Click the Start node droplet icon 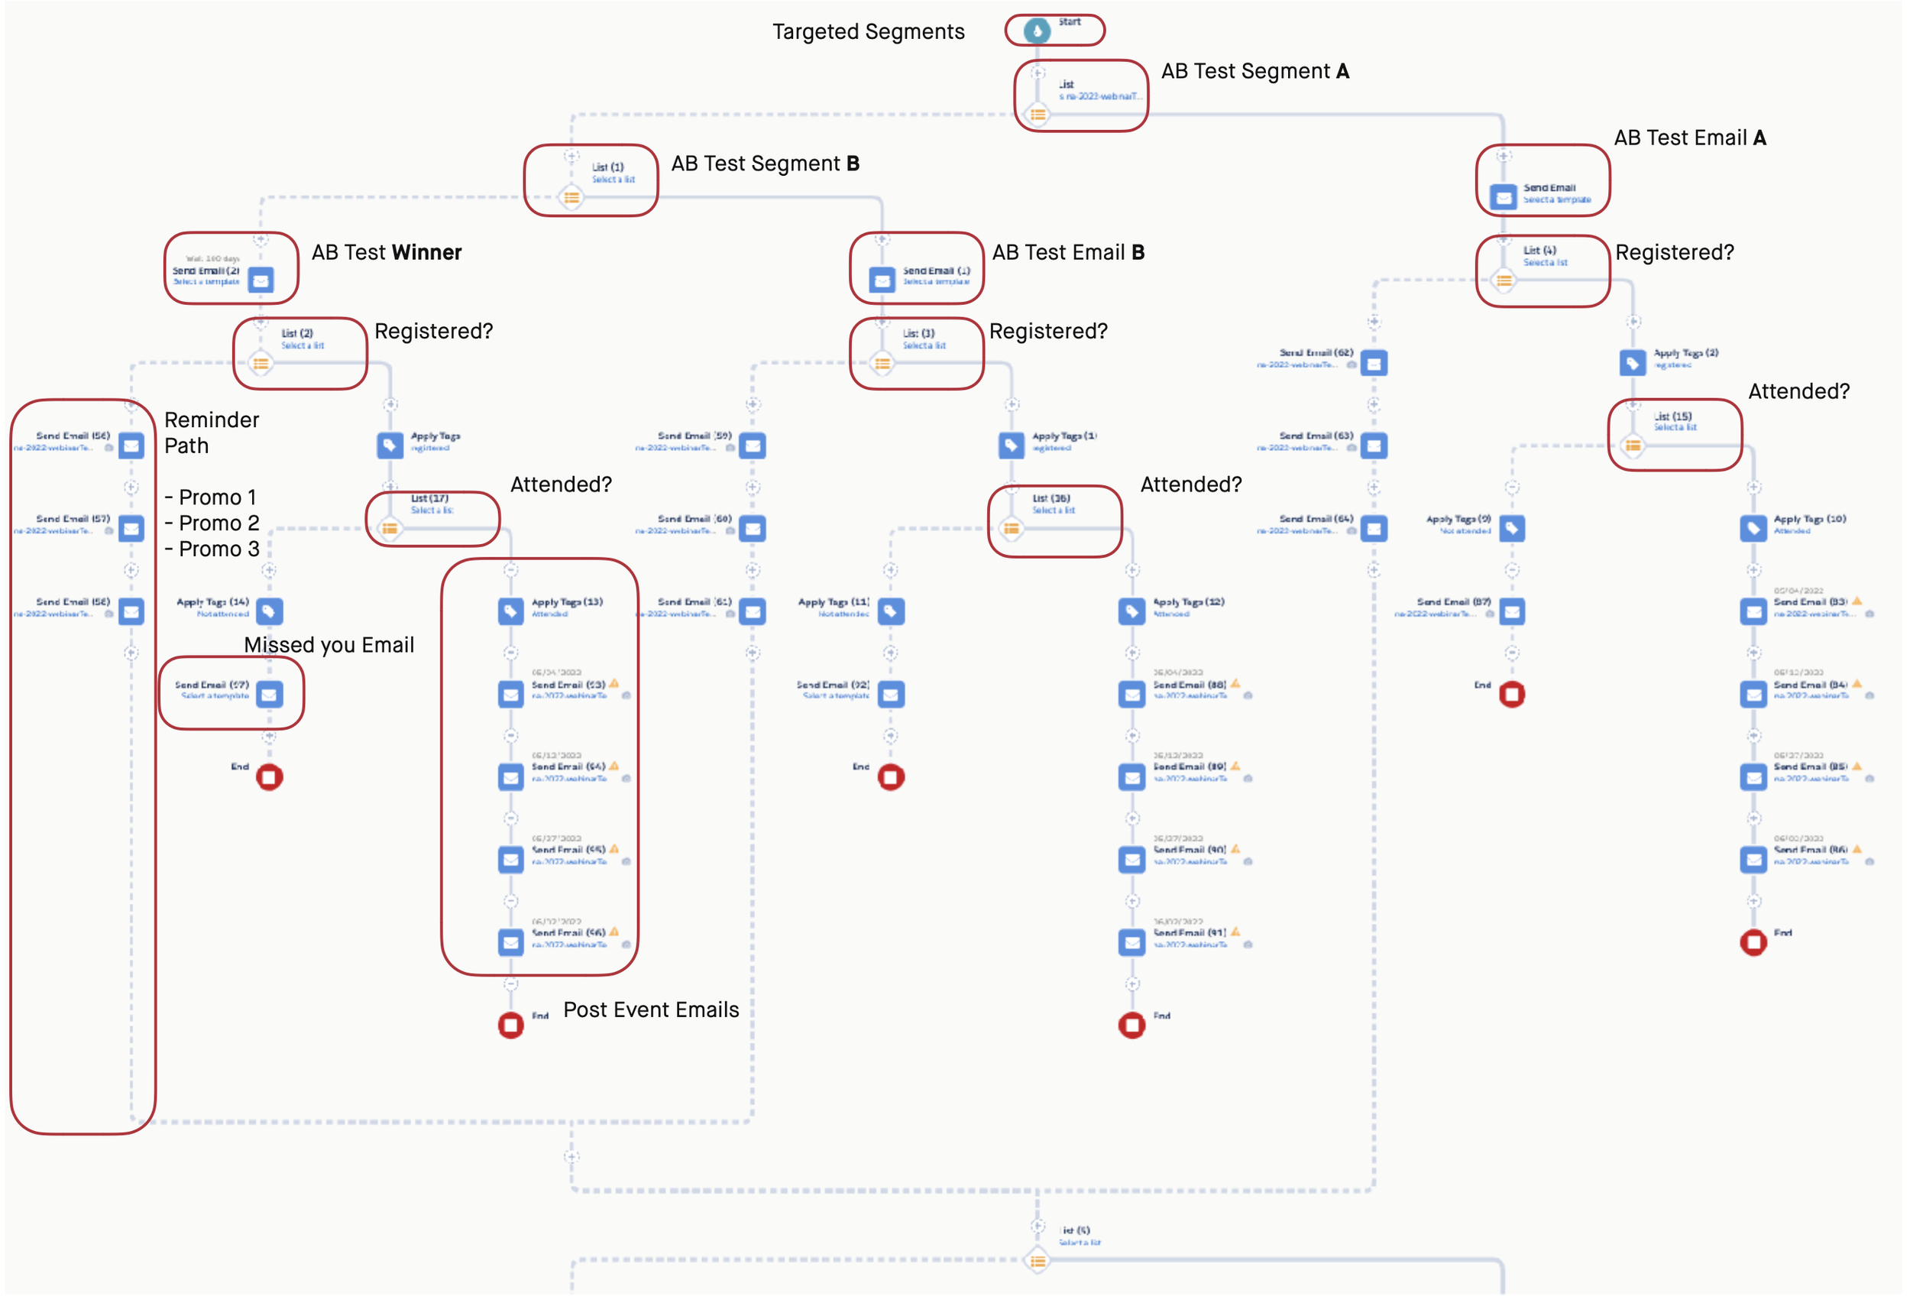[x=1038, y=31]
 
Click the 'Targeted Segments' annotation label [x=868, y=32]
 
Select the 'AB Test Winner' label [x=387, y=252]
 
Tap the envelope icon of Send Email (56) [x=131, y=446]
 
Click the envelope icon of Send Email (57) [x=131, y=529]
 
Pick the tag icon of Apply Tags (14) [x=270, y=611]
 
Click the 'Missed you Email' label [x=329, y=645]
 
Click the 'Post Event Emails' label [x=651, y=1010]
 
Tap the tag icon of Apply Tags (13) [x=511, y=611]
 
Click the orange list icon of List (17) [x=390, y=530]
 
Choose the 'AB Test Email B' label [x=1067, y=252]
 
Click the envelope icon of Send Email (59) [x=753, y=446]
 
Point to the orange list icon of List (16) [x=1012, y=530]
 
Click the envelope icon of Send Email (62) [x=1374, y=363]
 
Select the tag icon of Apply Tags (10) [x=1754, y=529]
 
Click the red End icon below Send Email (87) [x=1512, y=695]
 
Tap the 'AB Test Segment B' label [x=766, y=164]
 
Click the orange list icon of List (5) [x=1038, y=1261]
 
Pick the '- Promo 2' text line [x=212, y=523]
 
